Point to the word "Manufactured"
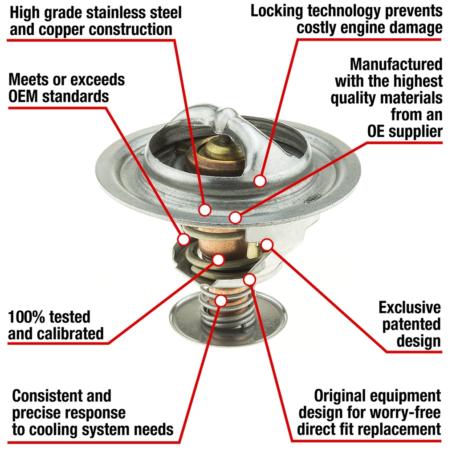[x=396, y=64]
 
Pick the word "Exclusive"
[x=410, y=307]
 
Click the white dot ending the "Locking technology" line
[x=260, y=181]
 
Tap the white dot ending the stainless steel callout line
[x=205, y=209]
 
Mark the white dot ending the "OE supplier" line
[x=235, y=217]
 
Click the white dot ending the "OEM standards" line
[x=183, y=239]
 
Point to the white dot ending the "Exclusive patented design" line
[x=267, y=244]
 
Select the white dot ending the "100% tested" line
[x=218, y=259]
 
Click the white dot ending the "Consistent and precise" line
[x=221, y=301]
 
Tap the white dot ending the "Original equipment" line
[x=249, y=280]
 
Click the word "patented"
[x=411, y=325]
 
